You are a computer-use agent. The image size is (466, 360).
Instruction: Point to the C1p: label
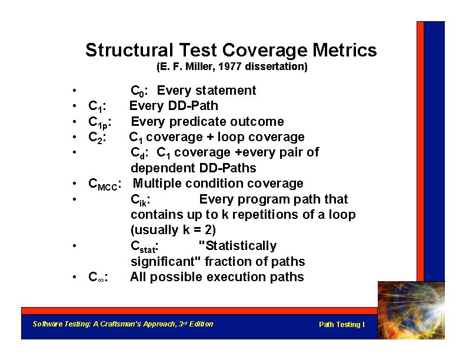tap(101, 122)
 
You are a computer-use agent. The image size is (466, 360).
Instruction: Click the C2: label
tap(97, 138)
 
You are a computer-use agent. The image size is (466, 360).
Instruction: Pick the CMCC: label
tap(104, 184)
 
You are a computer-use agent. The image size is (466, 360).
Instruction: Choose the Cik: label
tap(140, 200)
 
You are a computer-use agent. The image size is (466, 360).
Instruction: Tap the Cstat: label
tap(147, 246)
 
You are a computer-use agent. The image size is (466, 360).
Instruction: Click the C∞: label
tap(101, 277)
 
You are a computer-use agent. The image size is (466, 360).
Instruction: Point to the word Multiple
tap(162, 184)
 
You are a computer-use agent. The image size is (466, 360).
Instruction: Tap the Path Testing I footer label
tap(341, 325)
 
